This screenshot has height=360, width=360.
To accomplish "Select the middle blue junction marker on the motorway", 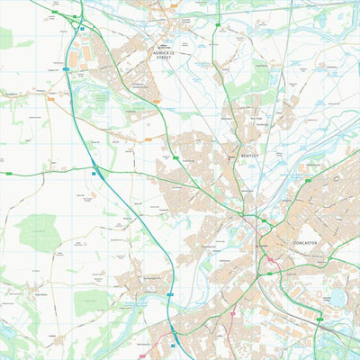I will tap(94, 171).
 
